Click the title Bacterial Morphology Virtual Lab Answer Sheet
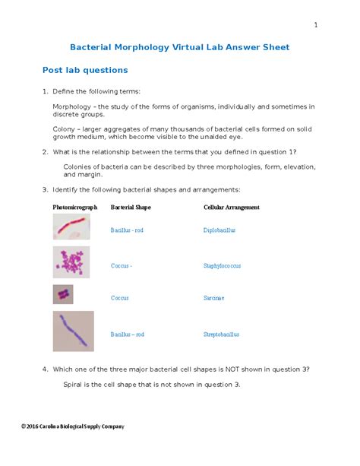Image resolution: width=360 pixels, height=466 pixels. (179, 47)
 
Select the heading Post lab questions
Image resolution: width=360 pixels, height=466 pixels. (85, 70)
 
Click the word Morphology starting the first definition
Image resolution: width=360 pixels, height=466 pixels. (72, 106)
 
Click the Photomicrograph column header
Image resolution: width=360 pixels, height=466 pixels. (75, 207)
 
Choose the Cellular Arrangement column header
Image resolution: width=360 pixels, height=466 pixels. (232, 207)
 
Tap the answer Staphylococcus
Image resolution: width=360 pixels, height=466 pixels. (222, 266)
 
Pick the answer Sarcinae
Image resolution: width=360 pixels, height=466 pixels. (213, 298)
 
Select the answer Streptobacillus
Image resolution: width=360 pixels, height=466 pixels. (221, 334)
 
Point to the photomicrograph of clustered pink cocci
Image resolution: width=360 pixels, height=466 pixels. (72, 262)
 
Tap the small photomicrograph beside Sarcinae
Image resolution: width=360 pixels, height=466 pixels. (62, 294)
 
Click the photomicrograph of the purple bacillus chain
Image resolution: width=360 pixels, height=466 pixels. (73, 331)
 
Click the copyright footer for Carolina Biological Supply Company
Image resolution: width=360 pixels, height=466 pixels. (73, 426)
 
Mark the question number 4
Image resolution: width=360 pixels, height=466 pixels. (45, 369)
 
